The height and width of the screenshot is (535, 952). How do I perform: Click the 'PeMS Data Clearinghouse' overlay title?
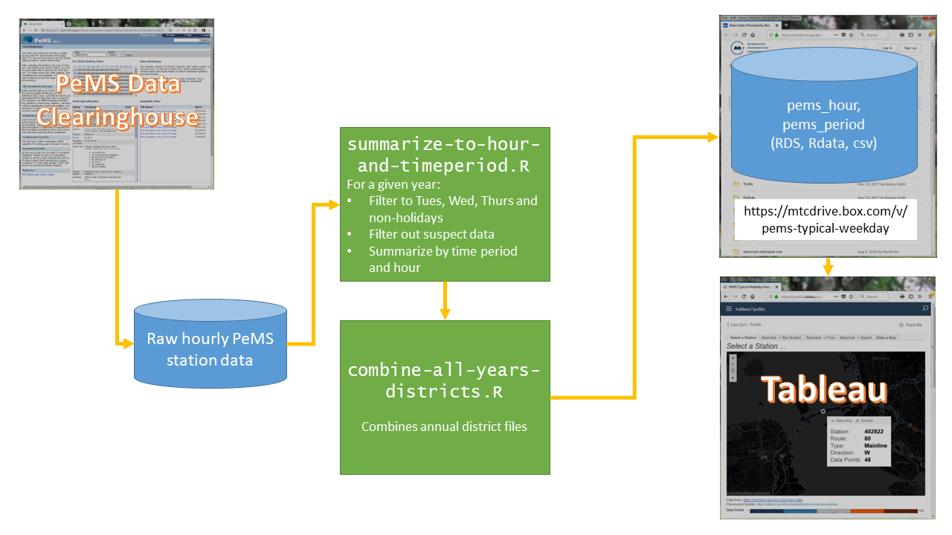(x=119, y=100)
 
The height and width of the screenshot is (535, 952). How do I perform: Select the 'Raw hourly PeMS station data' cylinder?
(x=210, y=349)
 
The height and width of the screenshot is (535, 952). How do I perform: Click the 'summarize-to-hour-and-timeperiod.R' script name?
(x=444, y=155)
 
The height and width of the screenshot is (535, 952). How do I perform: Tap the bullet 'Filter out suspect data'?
(x=431, y=234)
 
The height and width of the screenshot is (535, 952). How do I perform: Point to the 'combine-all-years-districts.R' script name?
(x=444, y=380)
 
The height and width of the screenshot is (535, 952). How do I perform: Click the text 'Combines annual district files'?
(x=444, y=427)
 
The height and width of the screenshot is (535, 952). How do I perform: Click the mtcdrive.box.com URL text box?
(x=826, y=219)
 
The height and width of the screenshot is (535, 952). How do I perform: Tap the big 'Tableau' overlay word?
(x=823, y=389)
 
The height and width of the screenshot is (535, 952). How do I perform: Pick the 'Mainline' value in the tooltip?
(x=875, y=446)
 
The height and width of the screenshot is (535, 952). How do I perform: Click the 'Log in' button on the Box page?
(x=887, y=48)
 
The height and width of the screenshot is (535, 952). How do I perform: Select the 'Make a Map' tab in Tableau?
(x=886, y=337)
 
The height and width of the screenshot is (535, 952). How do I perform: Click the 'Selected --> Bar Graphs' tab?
(x=781, y=337)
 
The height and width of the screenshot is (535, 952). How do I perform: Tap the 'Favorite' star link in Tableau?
(x=910, y=325)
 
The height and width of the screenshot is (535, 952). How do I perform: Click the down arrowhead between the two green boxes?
(x=444, y=312)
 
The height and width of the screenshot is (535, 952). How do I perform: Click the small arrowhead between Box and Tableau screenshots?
(x=828, y=269)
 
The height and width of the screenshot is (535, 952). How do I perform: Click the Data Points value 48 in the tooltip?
(x=868, y=460)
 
